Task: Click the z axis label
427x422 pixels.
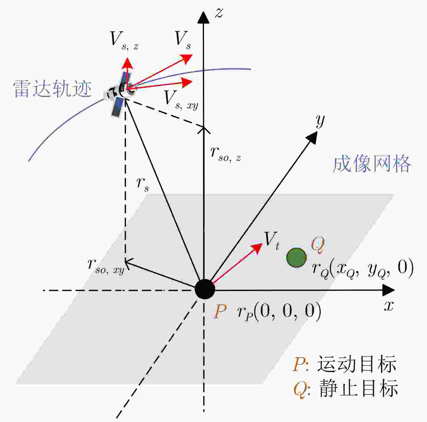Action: pos(219,13)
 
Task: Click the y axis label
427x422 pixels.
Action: pos(320,121)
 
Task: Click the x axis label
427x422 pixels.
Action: pos(389,306)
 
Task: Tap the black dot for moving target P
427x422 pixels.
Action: pos(205,289)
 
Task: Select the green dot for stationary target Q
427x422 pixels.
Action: pos(296,257)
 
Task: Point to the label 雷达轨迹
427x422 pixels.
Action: pos(52,89)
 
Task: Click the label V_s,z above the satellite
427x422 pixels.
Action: pos(124,41)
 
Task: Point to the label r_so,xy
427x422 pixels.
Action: pos(106,267)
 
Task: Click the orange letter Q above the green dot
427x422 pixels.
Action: pos(318,245)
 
